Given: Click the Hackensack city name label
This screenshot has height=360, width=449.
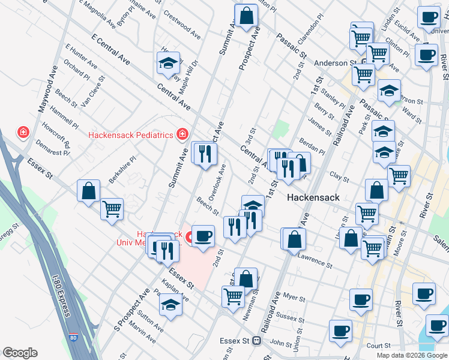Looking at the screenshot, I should pos(313,197).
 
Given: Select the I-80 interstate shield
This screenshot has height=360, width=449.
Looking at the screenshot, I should pos(73,340).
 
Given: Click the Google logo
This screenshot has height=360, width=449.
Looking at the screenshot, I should pos(20,353).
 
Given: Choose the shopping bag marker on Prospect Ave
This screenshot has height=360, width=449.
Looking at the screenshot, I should pos(246,16).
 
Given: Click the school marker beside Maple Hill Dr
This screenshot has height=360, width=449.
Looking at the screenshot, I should pos(168,63).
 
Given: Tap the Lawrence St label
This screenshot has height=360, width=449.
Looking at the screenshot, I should pos(315,259).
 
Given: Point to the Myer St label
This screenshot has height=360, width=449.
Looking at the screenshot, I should pos(294,296).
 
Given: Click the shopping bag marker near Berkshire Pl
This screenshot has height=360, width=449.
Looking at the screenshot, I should pos(89,191).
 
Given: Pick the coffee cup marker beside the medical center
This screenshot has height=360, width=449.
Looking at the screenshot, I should pos(203,236).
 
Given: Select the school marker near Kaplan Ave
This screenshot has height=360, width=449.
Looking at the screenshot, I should pos(171,304).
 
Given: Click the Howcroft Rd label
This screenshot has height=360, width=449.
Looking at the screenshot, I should pos(56,136).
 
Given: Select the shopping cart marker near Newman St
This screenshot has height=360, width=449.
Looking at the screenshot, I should pos(233,295).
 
